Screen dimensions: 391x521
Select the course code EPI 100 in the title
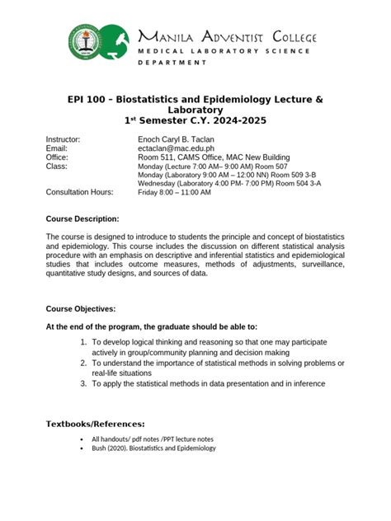pyautogui.click(x=88, y=99)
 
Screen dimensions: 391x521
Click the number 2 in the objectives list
pyautogui.click(x=83, y=363)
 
